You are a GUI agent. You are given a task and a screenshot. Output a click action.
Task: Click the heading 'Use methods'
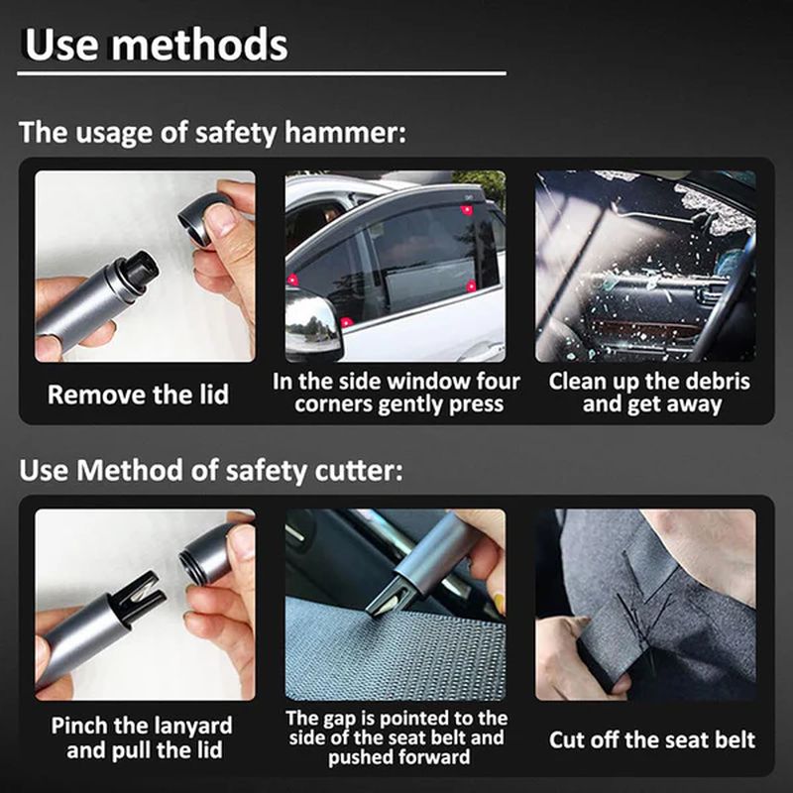156,44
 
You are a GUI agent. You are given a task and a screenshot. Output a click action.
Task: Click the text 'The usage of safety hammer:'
212,132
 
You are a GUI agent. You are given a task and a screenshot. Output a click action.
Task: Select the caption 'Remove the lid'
138,395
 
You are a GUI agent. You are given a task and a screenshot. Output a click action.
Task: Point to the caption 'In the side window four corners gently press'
396,394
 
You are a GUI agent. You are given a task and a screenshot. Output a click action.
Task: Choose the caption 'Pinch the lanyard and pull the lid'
141,737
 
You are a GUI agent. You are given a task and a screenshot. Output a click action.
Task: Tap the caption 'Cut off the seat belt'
651,739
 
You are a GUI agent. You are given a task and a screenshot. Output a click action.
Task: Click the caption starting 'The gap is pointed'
396,737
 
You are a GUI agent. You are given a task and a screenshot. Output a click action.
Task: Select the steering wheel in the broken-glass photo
729,297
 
